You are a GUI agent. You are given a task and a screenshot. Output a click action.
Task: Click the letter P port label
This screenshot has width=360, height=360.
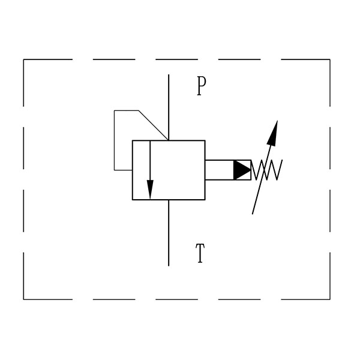point(202,86)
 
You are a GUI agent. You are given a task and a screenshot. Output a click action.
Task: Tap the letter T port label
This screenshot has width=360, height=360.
point(200,253)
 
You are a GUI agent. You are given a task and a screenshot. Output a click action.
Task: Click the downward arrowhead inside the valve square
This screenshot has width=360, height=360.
point(150,190)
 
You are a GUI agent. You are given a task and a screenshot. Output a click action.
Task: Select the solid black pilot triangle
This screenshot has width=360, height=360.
point(242,170)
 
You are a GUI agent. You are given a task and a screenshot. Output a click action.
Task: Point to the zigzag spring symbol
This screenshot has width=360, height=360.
point(267,170)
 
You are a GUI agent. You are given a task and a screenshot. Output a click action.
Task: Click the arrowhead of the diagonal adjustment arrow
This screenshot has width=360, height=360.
point(273,133)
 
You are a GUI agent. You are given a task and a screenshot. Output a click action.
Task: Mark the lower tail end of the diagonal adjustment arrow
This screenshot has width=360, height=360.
point(253,214)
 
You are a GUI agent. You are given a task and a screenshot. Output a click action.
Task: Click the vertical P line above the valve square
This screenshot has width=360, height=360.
point(169,107)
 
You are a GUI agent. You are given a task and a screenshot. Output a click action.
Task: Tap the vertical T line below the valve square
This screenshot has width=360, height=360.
point(169,233)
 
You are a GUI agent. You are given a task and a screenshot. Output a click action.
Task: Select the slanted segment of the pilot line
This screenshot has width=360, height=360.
point(154,125)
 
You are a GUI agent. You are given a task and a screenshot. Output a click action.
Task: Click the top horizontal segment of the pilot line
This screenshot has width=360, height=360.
point(126,110)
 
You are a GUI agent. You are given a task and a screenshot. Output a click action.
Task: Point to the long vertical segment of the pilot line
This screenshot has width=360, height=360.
point(115,140)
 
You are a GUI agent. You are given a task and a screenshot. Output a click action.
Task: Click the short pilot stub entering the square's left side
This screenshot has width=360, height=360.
point(123,170)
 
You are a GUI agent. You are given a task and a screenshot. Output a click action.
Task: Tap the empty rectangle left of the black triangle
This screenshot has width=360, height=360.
point(219,170)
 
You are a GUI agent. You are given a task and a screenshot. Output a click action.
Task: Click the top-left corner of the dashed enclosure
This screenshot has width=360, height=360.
point(23,59)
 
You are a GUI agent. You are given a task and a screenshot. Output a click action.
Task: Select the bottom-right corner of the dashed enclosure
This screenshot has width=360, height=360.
point(330,299)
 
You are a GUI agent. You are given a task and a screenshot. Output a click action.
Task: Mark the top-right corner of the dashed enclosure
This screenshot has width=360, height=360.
point(330,59)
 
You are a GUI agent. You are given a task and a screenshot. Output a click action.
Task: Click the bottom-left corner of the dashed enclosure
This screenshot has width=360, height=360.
point(23,299)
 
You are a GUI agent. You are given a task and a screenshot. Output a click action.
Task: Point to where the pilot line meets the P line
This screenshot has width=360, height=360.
point(169,140)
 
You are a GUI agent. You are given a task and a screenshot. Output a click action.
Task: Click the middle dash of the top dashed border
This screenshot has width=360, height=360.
point(176,59)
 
